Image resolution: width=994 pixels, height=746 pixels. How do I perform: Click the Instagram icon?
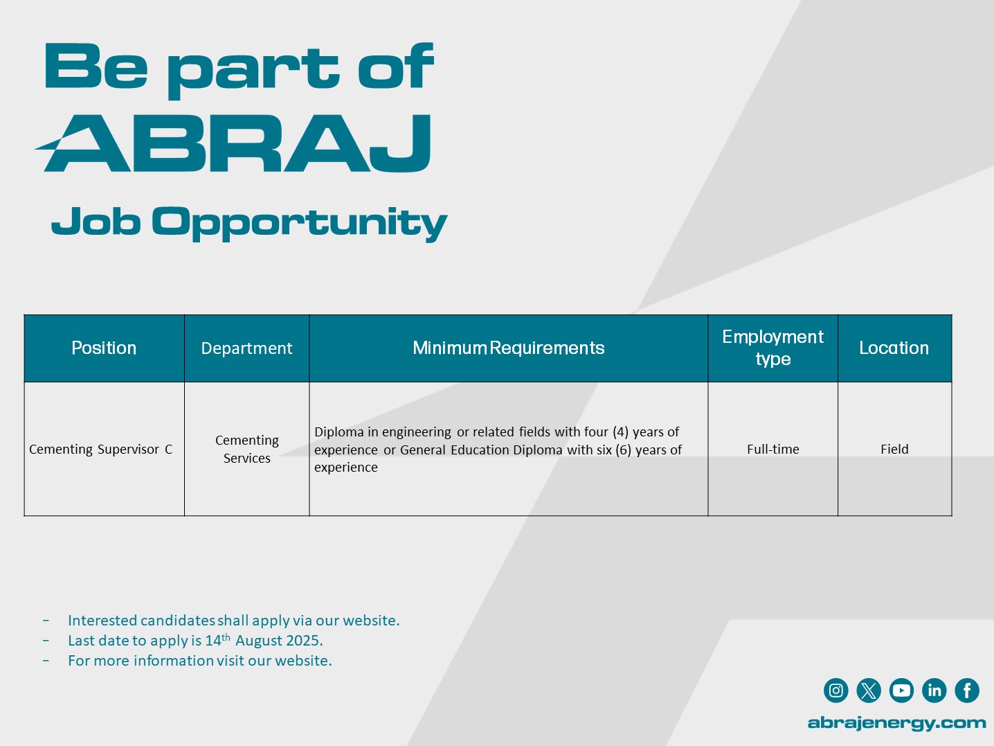[x=835, y=691]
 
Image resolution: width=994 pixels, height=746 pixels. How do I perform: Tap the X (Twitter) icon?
[x=869, y=691]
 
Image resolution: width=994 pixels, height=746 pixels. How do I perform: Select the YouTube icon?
[x=901, y=691]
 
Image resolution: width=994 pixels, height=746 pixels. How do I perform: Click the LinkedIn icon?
[x=934, y=691]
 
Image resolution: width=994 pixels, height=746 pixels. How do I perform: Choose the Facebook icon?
[x=967, y=691]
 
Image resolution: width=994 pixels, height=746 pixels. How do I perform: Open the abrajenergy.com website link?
[x=896, y=723]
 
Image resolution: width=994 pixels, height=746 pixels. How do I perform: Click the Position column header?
[x=104, y=348]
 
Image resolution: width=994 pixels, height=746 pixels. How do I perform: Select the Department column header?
[x=246, y=348]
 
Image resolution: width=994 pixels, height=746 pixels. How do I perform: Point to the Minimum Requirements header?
[x=509, y=348]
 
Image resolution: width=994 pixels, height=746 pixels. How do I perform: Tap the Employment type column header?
[x=772, y=348]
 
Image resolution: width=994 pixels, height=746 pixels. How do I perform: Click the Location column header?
[x=894, y=348]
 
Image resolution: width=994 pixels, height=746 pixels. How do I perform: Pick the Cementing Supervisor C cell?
[x=100, y=450]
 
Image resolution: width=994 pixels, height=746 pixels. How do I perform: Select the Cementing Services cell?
[x=247, y=449]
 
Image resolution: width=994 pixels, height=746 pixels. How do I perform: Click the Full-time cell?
[x=773, y=450]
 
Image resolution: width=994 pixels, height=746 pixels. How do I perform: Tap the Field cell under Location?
[x=894, y=450]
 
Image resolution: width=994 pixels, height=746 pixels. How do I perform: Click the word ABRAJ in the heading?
[x=233, y=143]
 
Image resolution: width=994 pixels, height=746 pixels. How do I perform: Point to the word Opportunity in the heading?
[x=299, y=223]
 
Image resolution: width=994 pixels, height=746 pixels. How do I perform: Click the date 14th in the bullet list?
[x=218, y=640]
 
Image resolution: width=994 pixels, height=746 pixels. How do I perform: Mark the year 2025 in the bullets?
[x=303, y=641]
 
